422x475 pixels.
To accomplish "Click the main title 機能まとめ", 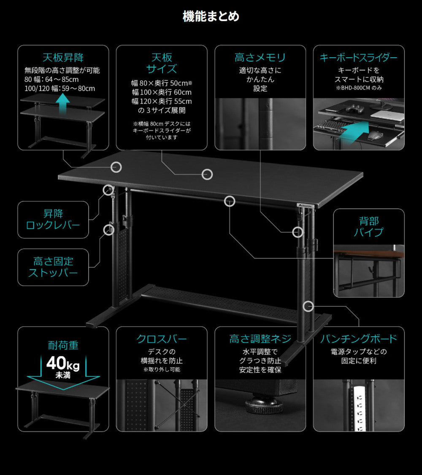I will (x=211, y=16).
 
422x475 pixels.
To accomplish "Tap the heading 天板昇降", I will (x=63, y=57).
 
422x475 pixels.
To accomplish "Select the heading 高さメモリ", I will (x=260, y=57).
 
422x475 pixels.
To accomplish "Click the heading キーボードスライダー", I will (x=358, y=58).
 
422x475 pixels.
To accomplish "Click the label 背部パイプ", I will (x=368, y=226).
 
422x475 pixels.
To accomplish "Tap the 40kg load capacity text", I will (x=63, y=363).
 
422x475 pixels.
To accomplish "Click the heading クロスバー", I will (x=161, y=339).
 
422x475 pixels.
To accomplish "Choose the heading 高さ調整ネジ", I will (x=260, y=339).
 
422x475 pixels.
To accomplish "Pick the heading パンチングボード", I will (x=358, y=339).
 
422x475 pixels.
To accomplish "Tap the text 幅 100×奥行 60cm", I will (x=162, y=92).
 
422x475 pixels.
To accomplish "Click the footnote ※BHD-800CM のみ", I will (x=358, y=88).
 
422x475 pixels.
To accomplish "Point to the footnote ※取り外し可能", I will (x=161, y=370).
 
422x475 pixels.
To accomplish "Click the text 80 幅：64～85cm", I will (x=51, y=79).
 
